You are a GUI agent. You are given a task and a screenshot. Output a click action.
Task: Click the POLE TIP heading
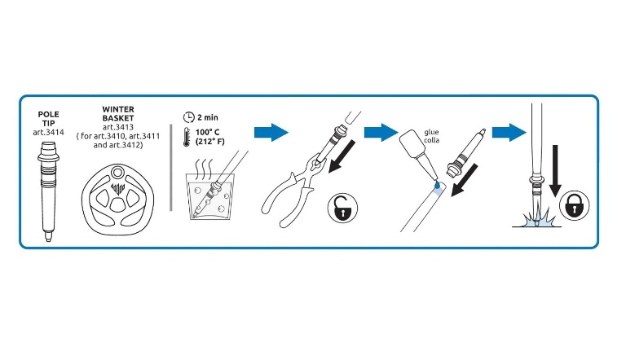point(48,119)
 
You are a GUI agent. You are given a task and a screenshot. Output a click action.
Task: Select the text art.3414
point(48,133)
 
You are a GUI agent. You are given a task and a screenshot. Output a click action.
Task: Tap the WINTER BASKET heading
point(118,114)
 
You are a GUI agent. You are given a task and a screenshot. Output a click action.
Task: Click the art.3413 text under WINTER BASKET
point(117,127)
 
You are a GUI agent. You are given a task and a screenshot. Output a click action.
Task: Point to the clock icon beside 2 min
point(188,117)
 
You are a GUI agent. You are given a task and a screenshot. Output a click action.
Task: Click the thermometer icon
point(187,137)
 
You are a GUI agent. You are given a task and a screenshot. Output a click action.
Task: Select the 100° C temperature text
point(207,132)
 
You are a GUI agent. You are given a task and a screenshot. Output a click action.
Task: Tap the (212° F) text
point(209,141)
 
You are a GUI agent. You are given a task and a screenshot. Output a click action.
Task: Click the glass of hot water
point(210,196)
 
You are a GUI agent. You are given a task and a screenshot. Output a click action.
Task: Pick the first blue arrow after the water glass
point(271,132)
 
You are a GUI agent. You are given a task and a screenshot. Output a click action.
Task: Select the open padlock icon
point(342,208)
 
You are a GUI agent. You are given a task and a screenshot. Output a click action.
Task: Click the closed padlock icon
point(574,206)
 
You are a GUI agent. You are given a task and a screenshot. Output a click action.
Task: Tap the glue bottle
point(418,155)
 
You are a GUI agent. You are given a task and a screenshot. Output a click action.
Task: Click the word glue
point(431,132)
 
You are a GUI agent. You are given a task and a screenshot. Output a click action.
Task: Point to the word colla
point(431,140)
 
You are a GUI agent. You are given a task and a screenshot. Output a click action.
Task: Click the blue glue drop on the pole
point(437,185)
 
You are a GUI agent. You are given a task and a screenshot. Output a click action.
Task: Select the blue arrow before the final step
point(509,132)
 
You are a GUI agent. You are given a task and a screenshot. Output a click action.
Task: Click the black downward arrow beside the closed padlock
point(555,171)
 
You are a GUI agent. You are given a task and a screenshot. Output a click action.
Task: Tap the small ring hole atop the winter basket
point(117,173)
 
